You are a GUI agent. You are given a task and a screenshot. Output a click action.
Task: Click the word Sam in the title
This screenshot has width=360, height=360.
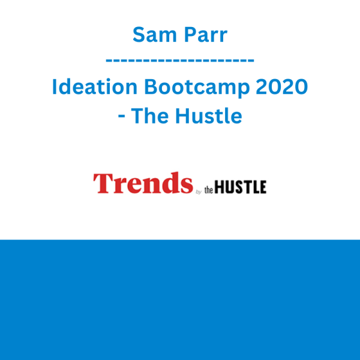point(155,35)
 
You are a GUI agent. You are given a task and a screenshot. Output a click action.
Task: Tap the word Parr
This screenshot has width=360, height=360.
point(206,35)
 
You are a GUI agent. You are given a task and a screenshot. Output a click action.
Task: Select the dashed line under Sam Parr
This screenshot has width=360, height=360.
point(180,61)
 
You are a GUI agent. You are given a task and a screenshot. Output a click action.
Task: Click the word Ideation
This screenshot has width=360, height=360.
point(95,86)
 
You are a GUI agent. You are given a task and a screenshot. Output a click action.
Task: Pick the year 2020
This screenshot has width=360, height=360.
point(282,86)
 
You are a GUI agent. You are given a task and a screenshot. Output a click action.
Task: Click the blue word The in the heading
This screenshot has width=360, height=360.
point(149,115)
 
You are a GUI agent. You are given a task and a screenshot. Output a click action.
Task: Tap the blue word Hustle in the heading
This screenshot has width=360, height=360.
point(209,115)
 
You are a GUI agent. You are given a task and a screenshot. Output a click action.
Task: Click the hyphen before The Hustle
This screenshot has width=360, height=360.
point(121,116)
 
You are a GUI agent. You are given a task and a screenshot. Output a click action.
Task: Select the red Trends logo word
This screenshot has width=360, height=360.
point(143,183)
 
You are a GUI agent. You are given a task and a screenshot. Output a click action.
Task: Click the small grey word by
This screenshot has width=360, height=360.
point(199,192)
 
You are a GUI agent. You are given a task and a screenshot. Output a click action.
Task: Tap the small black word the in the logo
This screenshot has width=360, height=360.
point(209,190)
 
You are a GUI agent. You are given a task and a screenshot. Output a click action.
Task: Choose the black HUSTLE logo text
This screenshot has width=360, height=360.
point(241,187)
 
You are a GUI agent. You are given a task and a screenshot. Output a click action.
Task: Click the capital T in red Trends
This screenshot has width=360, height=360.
point(103,183)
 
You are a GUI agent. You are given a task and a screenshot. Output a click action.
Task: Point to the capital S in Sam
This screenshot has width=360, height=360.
point(139,35)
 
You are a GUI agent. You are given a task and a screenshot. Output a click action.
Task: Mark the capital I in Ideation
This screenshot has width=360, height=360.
point(54,86)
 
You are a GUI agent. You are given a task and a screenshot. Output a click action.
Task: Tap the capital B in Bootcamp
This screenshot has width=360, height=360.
point(151,86)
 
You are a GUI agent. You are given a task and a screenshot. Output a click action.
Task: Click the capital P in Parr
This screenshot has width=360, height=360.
point(190,35)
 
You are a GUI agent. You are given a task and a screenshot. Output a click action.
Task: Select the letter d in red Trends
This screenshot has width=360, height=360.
point(171,183)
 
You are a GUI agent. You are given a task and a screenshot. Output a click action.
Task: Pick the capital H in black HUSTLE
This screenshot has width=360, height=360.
point(220,187)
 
